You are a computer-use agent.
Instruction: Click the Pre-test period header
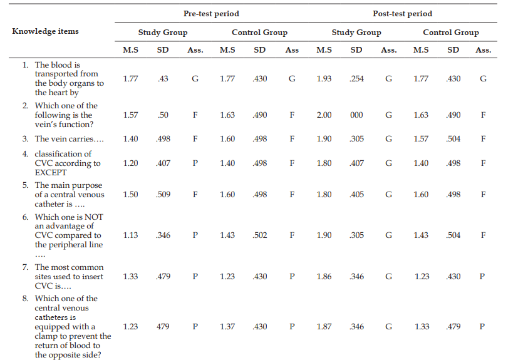(x=211, y=14)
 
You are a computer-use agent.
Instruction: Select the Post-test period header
(x=402, y=14)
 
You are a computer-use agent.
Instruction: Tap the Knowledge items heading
(x=45, y=31)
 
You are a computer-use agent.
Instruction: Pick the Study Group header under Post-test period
(x=356, y=33)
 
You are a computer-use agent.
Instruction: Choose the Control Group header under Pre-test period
(x=259, y=33)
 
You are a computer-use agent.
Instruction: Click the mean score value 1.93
(x=324, y=79)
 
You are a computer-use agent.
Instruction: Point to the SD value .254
(x=356, y=79)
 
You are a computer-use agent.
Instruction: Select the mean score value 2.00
(x=324, y=115)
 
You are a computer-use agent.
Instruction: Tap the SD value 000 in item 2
(x=356, y=115)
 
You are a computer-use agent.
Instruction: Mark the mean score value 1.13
(x=130, y=235)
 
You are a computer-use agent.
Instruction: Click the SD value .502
(x=259, y=235)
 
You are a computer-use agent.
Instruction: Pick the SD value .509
(x=163, y=194)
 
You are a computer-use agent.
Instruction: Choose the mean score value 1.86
(x=324, y=276)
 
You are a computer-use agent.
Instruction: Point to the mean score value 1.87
(x=324, y=327)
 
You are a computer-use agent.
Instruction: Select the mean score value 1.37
(x=227, y=327)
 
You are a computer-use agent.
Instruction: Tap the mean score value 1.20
(x=130, y=163)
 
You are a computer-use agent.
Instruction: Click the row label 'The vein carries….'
(x=70, y=138)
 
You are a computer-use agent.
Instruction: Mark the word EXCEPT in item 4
(x=51, y=173)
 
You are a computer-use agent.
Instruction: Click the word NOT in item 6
(x=94, y=217)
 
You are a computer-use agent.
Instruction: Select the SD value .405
(x=356, y=194)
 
